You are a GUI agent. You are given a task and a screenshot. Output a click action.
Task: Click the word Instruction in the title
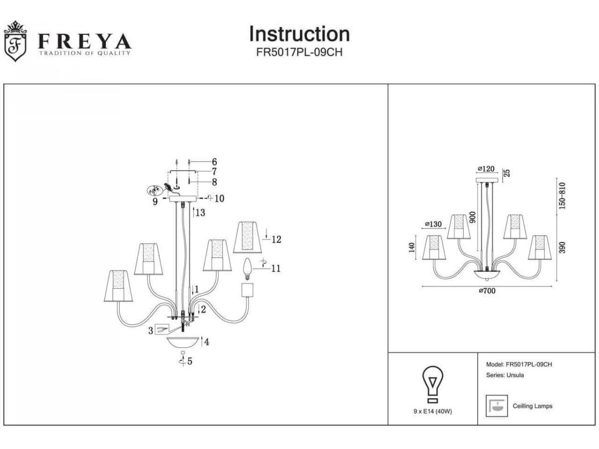pyautogui.click(x=299, y=34)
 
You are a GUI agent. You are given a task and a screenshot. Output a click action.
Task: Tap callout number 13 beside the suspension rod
pyautogui.click(x=200, y=213)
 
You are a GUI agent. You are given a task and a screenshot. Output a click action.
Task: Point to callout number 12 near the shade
pyautogui.click(x=276, y=239)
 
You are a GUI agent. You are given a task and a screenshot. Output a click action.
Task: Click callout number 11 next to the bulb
pyautogui.click(x=276, y=268)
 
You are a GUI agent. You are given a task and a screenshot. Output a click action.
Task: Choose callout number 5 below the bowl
pyautogui.click(x=190, y=362)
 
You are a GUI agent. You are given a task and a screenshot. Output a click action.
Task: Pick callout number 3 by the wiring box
pyautogui.click(x=150, y=330)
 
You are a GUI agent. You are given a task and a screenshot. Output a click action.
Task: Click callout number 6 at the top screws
pyautogui.click(x=214, y=162)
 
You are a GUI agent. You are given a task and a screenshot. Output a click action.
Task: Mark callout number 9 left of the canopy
pyautogui.click(x=155, y=202)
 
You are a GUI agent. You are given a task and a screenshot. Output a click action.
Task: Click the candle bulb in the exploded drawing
pyautogui.click(x=246, y=269)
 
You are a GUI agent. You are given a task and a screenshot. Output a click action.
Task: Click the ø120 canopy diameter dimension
pyautogui.click(x=486, y=169)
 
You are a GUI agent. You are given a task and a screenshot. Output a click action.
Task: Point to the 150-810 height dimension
pyautogui.click(x=563, y=196)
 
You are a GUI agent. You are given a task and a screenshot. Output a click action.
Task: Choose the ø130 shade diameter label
pyautogui.click(x=433, y=224)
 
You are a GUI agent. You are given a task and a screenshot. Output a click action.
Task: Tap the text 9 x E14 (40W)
pyautogui.click(x=433, y=411)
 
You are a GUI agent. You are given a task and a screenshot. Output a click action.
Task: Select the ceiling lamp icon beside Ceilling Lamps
pyautogui.click(x=497, y=406)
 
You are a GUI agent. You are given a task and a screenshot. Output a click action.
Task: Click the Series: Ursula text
pyautogui.click(x=505, y=375)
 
